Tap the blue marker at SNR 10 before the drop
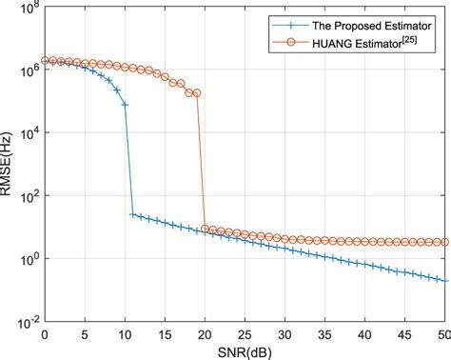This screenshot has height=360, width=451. click(x=125, y=104)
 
